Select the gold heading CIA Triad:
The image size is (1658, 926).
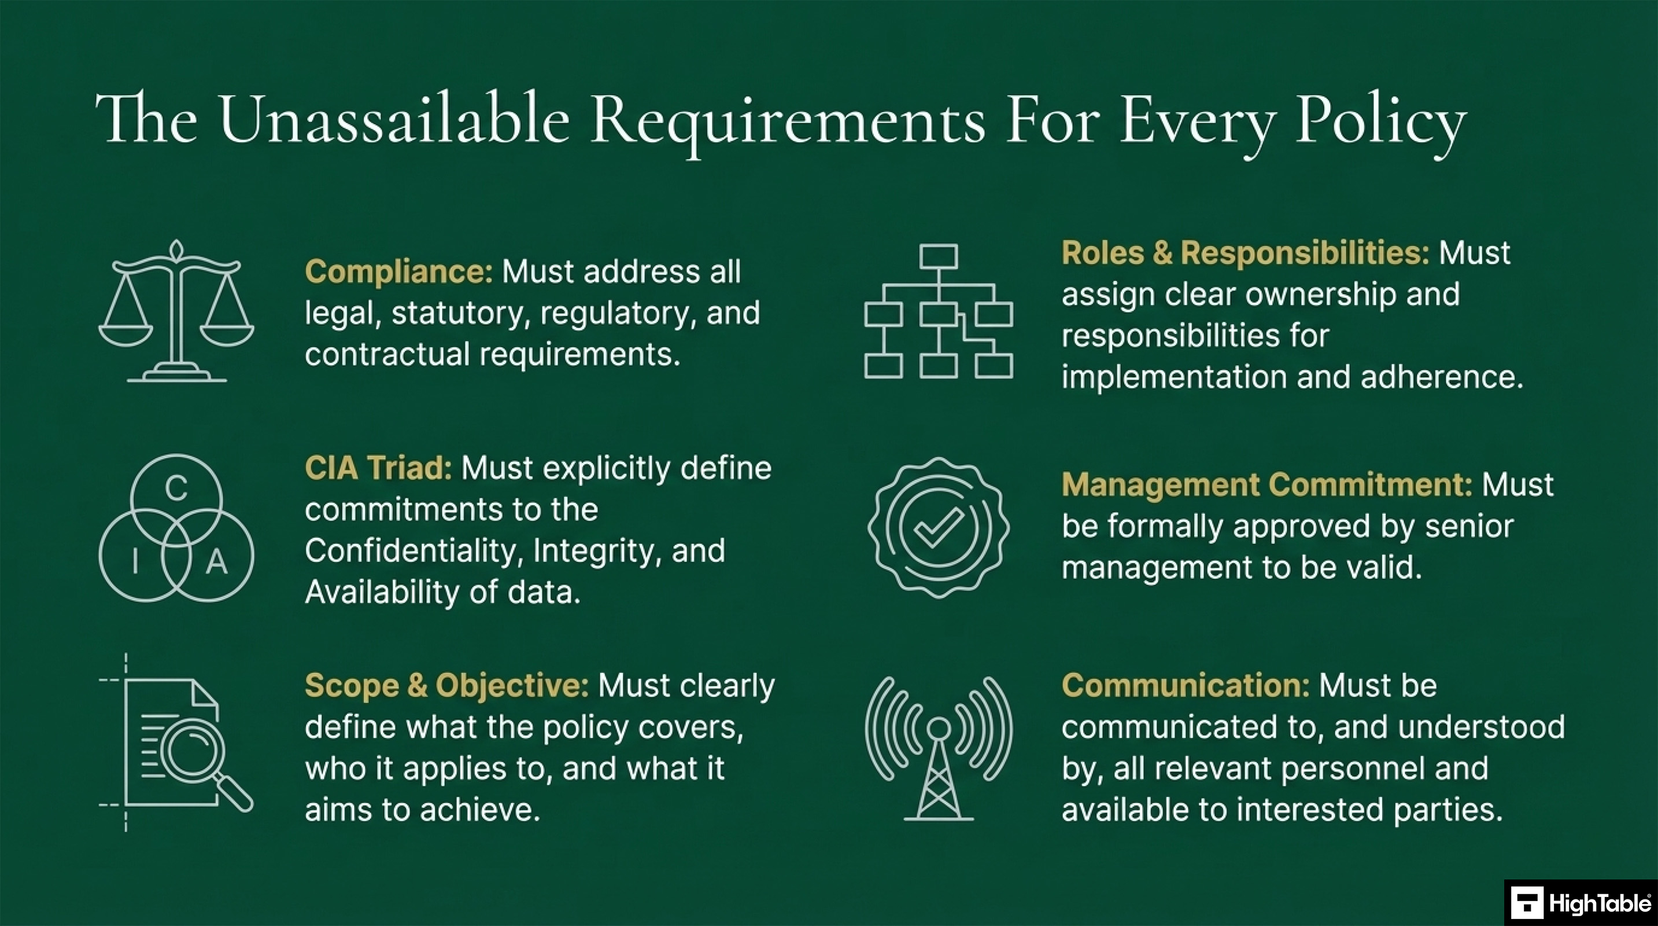pyautogui.click(x=378, y=468)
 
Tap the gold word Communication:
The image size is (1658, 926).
pyautogui.click(x=1185, y=685)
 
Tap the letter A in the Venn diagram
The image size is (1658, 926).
pyautogui.click(x=217, y=562)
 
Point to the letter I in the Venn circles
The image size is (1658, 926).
pyautogui.click(x=135, y=561)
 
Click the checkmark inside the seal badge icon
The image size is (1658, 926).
pyautogui.click(x=939, y=528)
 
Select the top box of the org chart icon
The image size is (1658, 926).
pyautogui.click(x=939, y=256)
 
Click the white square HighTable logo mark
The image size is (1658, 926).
pyautogui.click(x=1527, y=903)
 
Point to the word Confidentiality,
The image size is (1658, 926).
pyautogui.click(x=412, y=551)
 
